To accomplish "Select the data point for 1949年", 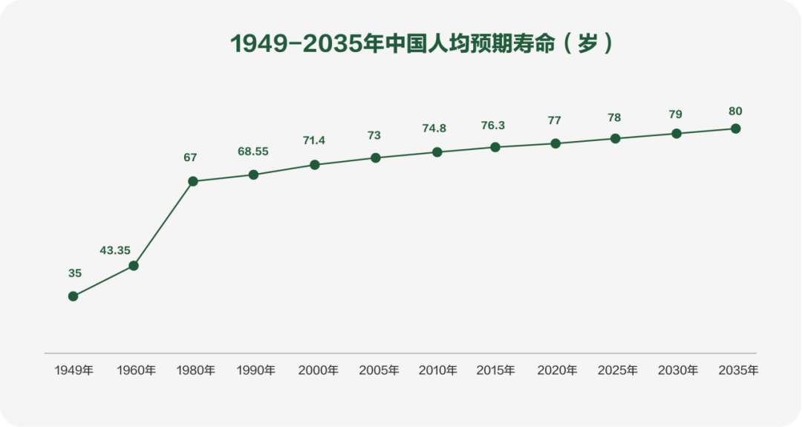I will tap(73, 296).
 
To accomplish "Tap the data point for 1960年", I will tap(134, 265).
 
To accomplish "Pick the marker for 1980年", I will tap(193, 181).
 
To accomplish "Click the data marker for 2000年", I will tap(315, 165).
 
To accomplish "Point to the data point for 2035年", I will tap(736, 128).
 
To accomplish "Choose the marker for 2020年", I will tap(555, 143).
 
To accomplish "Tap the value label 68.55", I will tap(253, 151).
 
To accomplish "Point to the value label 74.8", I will tap(434, 128).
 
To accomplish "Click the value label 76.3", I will tap(493, 126).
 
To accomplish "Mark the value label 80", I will tap(735, 111).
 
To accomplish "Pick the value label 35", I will tap(75, 273).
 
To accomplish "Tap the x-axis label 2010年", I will tap(438, 370).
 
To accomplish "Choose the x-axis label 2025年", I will tap(618, 370).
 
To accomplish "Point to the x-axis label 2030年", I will tap(678, 370).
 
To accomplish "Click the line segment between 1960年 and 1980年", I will tap(163, 224).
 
